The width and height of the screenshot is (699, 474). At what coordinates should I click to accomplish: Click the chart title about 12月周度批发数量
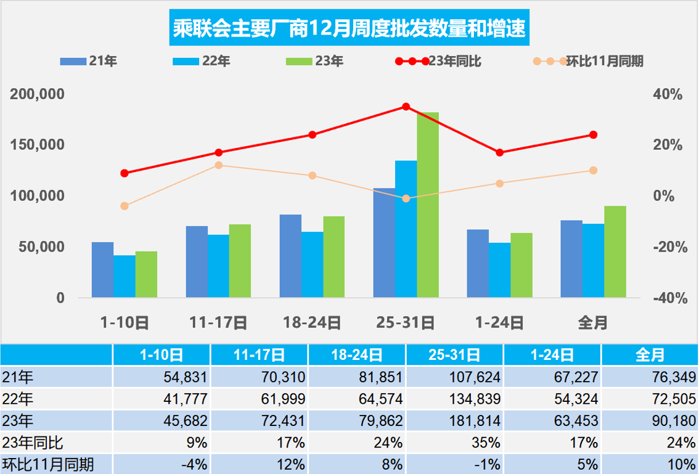tap(349, 29)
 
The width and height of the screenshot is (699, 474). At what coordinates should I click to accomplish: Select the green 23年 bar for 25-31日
tap(428, 205)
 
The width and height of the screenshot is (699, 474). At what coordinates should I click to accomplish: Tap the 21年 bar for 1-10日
tap(102, 270)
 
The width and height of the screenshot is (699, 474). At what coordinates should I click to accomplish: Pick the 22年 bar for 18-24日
tap(312, 264)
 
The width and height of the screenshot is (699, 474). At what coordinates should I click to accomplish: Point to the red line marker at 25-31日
tap(406, 107)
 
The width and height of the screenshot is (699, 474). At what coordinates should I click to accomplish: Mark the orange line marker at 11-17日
tap(218, 165)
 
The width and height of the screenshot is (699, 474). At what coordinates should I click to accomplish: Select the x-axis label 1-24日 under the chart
tap(499, 322)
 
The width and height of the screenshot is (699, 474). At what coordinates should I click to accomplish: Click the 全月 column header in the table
tap(650, 354)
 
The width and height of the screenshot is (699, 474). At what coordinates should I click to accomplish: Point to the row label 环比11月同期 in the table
tap(49, 464)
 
